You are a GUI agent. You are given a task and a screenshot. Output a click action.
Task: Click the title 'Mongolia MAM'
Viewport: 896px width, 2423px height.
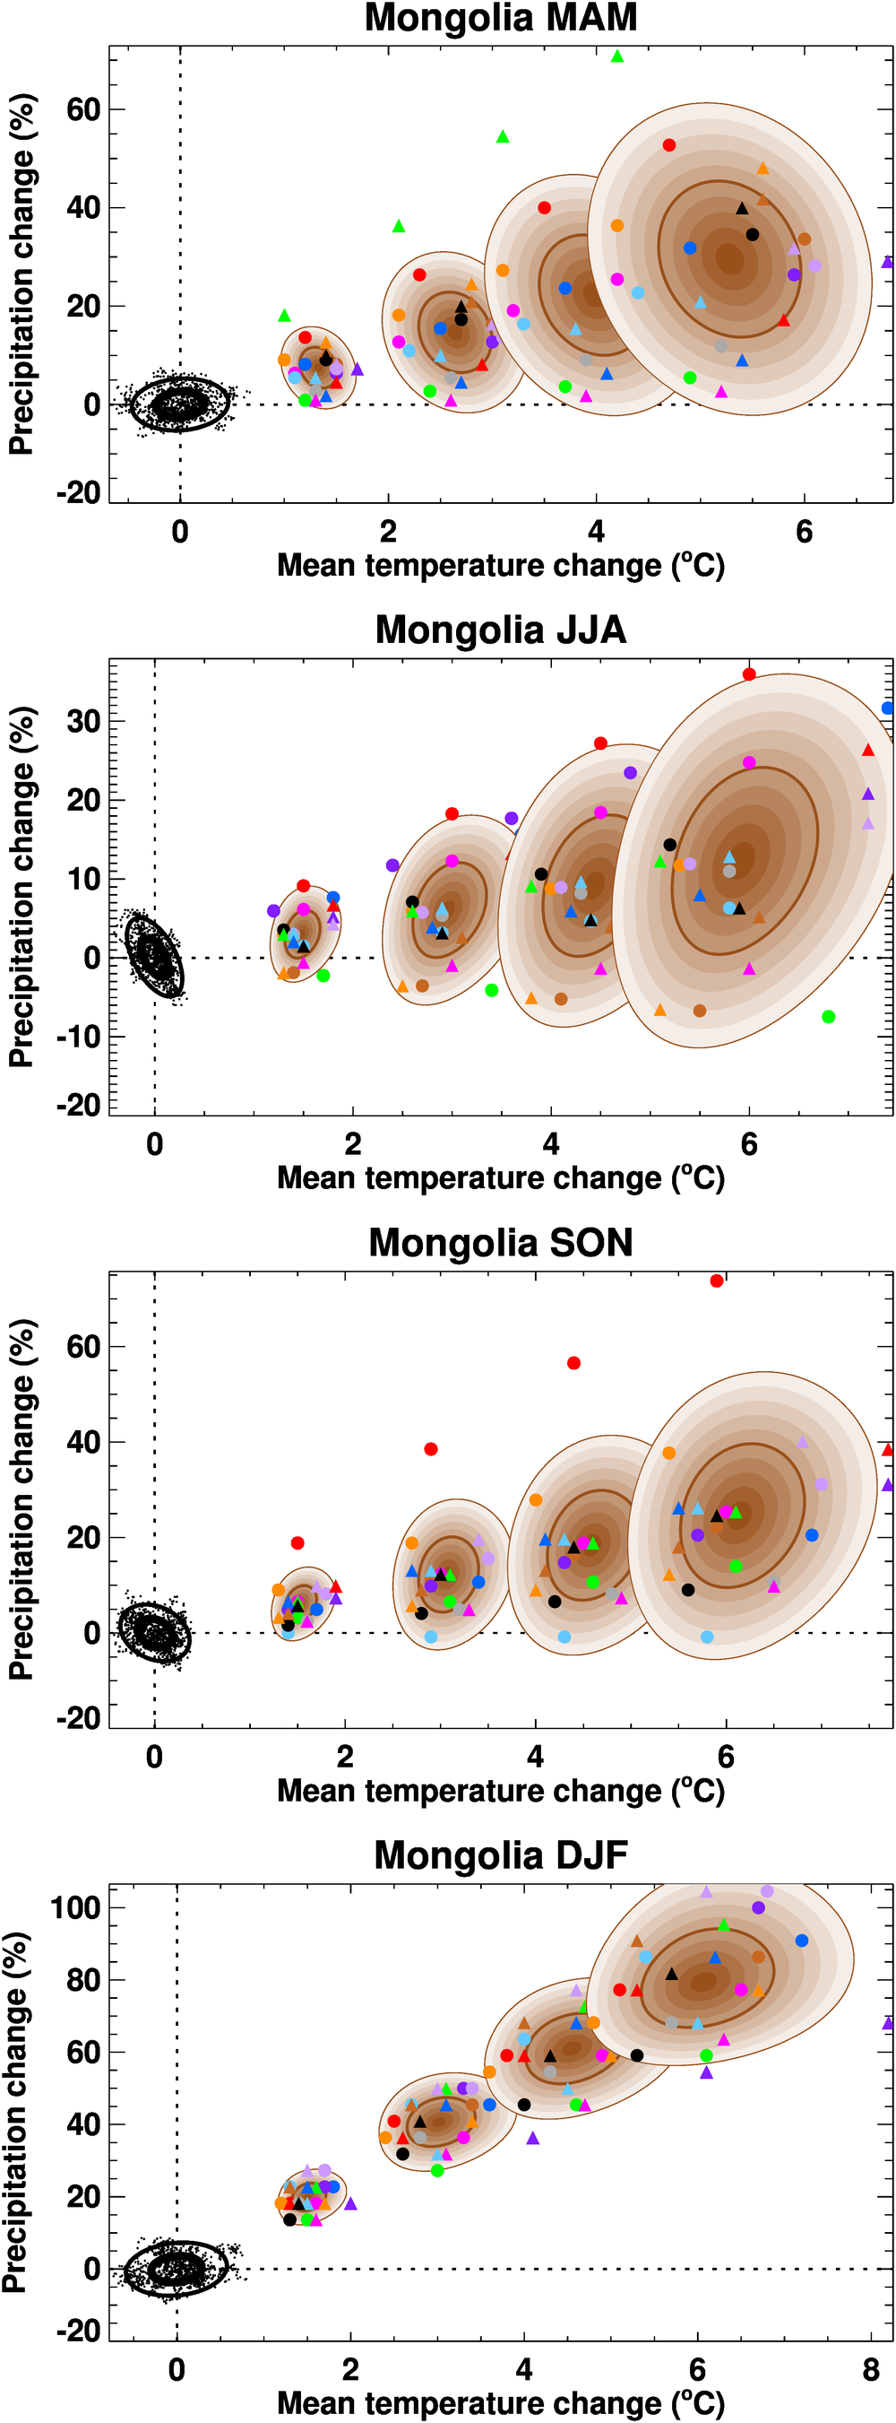tap(500, 18)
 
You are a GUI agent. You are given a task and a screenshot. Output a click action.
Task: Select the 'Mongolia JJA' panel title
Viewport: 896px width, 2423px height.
tap(500, 630)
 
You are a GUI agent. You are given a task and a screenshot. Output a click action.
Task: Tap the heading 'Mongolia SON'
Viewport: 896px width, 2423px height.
tap(500, 1243)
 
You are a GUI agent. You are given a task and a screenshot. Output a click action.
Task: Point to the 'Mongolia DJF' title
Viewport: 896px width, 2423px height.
tap(500, 1854)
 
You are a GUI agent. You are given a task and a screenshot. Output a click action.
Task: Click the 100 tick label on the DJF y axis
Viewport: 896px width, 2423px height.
tap(75, 1907)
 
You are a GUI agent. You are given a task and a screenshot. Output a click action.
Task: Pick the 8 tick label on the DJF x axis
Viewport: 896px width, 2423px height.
tap(871, 2369)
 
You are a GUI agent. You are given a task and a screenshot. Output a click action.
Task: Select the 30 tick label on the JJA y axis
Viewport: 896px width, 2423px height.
tap(82, 722)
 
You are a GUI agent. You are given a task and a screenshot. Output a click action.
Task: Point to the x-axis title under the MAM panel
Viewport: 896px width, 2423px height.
tap(500, 565)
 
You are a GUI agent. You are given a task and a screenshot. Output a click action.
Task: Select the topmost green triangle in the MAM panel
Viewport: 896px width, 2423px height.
tap(616, 56)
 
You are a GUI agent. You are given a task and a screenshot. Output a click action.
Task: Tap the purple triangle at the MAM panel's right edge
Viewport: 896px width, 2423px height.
tap(888, 262)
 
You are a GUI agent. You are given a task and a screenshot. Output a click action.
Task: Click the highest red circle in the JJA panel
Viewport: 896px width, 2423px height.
tap(748, 674)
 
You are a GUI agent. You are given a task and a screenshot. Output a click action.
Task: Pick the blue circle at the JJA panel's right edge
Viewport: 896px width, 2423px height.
tap(888, 708)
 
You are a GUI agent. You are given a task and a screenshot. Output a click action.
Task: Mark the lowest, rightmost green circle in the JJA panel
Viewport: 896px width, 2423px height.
tap(828, 1017)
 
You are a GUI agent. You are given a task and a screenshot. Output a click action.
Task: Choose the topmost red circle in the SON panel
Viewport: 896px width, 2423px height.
tap(717, 1281)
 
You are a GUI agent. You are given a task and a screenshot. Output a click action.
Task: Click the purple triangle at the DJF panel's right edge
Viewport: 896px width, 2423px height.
tap(888, 2023)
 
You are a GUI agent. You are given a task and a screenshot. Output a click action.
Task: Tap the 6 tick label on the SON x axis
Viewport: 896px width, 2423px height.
tap(726, 1756)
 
